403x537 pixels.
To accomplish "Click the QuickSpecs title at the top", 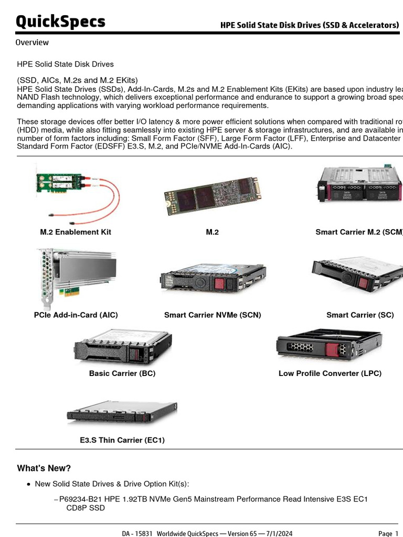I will tap(60, 22).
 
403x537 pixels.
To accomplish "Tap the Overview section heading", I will tap(32, 42).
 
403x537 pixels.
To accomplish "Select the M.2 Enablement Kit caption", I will tap(76, 232).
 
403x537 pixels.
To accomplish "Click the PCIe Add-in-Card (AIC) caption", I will tap(76, 315).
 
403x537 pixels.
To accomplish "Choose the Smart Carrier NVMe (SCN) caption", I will tap(213, 315).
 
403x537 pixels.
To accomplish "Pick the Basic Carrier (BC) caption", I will tap(122, 373).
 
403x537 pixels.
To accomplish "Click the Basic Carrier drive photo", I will tap(123, 347).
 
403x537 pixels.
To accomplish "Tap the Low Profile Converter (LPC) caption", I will tap(330, 373).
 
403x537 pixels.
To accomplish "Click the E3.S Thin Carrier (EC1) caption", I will tap(122, 441).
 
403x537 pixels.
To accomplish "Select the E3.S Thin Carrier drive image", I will tap(122, 414).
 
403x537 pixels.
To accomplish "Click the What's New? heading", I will tap(44, 468).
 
